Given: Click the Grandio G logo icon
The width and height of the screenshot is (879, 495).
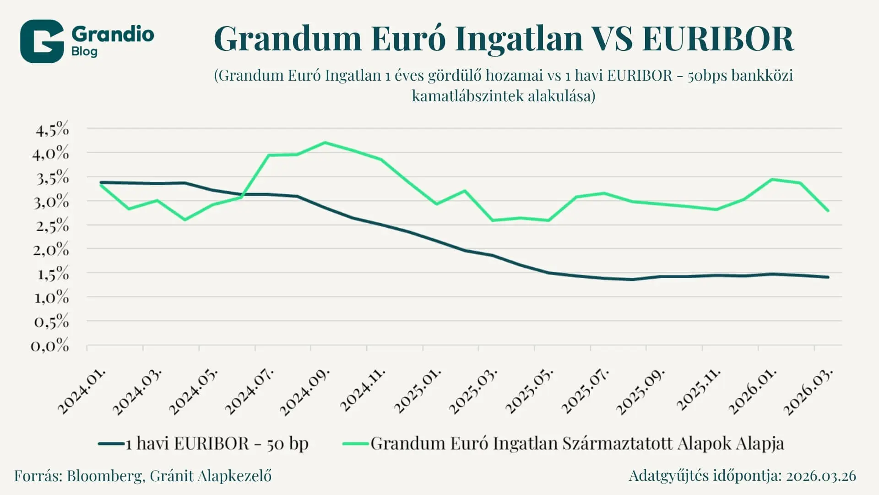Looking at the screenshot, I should [42, 41].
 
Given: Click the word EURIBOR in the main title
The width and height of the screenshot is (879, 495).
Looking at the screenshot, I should [718, 38].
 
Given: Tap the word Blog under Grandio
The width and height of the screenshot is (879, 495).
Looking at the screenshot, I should [84, 51].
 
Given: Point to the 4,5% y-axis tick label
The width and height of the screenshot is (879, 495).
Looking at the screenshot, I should [52, 130].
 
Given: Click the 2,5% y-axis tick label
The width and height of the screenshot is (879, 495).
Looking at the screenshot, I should [52, 225].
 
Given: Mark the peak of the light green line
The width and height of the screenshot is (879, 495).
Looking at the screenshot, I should [325, 143].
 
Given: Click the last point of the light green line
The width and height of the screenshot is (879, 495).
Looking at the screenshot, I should [828, 211].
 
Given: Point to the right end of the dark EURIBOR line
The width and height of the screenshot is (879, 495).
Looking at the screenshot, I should [828, 277].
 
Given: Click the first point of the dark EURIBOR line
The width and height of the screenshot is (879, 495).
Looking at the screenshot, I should [101, 182].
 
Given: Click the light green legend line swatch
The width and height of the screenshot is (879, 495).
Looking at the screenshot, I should [356, 444].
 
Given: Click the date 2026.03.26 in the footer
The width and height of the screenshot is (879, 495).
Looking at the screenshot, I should [821, 476].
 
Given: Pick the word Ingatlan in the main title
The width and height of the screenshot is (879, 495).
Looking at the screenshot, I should [518, 38].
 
